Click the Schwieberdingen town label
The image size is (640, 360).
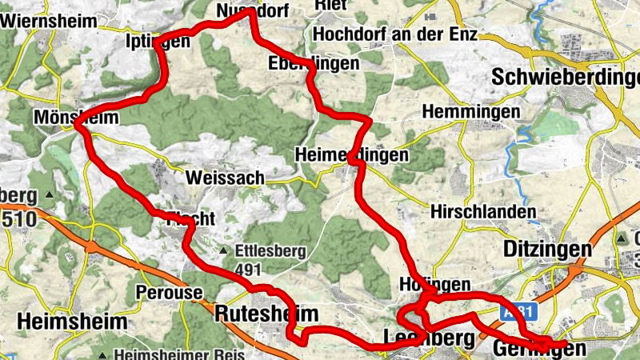click(x=567, y=78)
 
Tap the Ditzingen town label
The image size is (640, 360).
click(x=548, y=249)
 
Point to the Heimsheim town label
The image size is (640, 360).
click(x=72, y=322)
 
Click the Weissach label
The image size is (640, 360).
click(x=224, y=178)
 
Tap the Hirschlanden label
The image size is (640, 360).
click(x=482, y=212)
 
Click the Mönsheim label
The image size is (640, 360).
click(x=76, y=118)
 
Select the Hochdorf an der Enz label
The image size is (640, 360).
click(x=395, y=34)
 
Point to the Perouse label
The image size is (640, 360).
click(x=170, y=292)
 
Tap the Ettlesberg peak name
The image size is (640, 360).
click(x=271, y=251)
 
